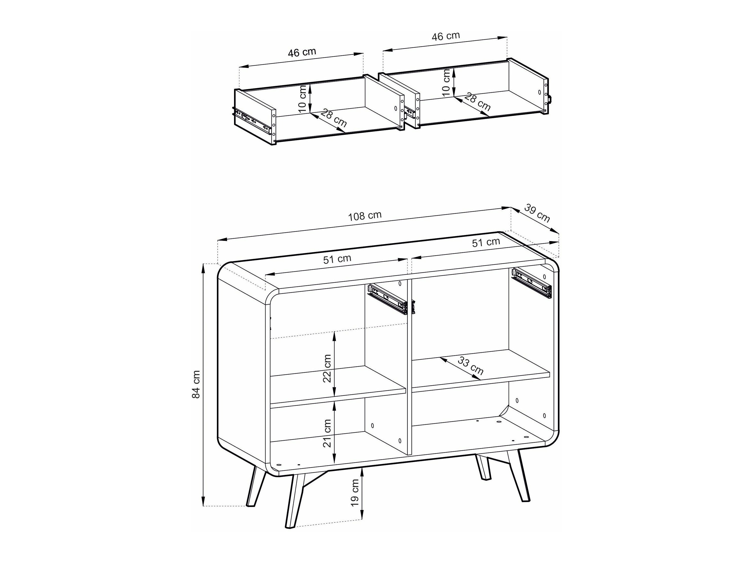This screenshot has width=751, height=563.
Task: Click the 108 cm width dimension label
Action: pos(365,216)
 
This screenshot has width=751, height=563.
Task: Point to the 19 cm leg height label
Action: pos(355,492)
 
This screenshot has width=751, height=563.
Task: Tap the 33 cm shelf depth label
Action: pos(470,366)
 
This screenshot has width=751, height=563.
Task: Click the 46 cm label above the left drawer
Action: pos(302,52)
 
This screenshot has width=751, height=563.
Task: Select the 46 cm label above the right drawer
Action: pos(445,36)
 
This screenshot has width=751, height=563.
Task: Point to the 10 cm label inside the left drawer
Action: pos(303,99)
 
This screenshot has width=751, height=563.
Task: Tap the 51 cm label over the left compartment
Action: pos(337,259)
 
